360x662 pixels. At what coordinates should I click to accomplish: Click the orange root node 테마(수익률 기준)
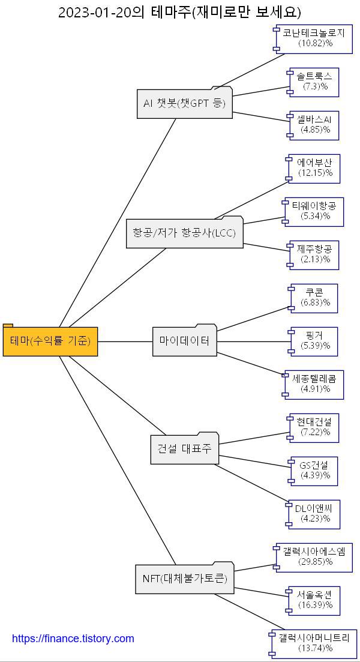50,341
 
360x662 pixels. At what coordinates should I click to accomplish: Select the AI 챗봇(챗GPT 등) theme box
184,103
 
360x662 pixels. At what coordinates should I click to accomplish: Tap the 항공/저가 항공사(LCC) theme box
184,233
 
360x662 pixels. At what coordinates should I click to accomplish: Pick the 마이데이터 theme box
184,341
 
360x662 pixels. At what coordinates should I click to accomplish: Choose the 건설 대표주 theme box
184,449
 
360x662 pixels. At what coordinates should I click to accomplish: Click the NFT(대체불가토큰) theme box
184,579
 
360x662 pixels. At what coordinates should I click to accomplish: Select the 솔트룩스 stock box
314,82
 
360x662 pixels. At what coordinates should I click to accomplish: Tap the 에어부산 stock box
314,168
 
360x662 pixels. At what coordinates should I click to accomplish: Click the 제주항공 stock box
314,254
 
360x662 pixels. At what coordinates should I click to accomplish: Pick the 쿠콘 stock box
314,298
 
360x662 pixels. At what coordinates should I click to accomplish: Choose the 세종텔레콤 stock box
314,384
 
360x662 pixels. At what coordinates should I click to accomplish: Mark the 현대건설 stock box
314,427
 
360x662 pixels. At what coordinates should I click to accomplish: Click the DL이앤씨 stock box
314,514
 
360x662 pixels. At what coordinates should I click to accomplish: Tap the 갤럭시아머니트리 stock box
314,643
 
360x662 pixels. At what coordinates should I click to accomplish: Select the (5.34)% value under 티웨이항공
315,216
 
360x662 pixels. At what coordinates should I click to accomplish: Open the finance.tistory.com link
73,639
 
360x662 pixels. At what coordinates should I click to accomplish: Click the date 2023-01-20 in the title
95,12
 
